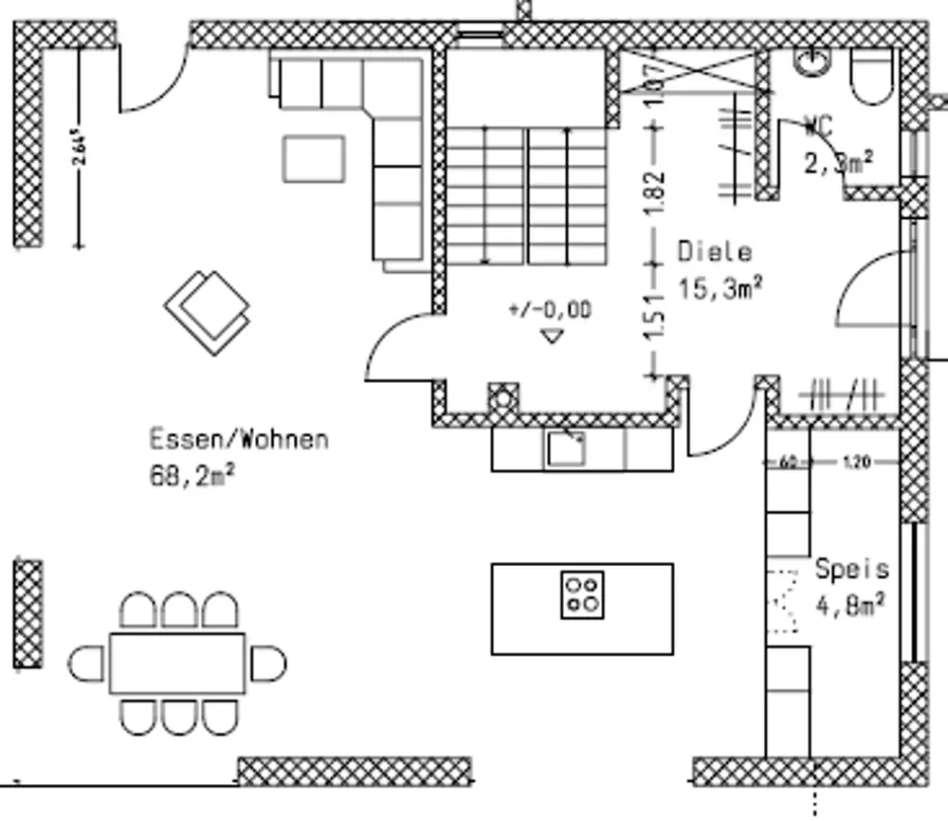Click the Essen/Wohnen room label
coord(239,440)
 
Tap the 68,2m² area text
coord(192,474)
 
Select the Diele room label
coord(715,252)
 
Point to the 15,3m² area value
coord(721,287)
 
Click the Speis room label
coord(852,569)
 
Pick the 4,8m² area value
coord(850,604)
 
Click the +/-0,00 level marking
coord(550,309)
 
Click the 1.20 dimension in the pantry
coord(855,463)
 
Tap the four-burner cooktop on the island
coord(580,594)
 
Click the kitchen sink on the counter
coord(566,448)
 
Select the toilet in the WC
coord(871,76)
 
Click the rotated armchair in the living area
coord(208,311)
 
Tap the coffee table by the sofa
coord(314,157)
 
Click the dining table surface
coord(177,663)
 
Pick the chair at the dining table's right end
coord(266,663)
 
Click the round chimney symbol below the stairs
coord(503,398)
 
